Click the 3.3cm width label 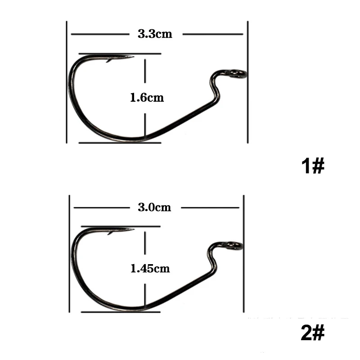pos(155,34)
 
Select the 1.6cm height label pos(147,98)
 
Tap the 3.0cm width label pos(154,207)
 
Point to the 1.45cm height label pos(150,268)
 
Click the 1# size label pos(313,166)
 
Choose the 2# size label pos(313,332)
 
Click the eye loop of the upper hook pos(239,74)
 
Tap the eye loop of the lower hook pos(234,246)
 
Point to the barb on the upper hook pos(109,60)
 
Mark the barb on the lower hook pos(111,233)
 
